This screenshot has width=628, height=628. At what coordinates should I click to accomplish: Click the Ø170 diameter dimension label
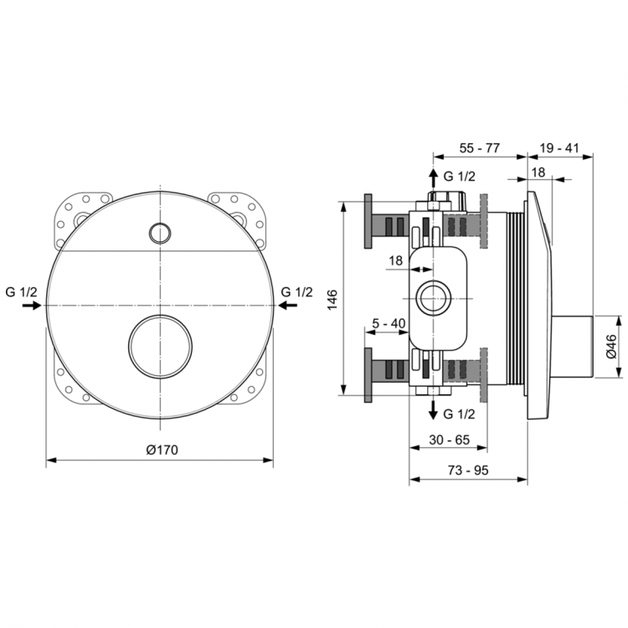pos(162,450)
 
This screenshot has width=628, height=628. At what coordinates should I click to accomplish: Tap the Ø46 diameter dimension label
pos(611,345)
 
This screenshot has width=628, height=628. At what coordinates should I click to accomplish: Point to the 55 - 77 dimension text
pos(480,147)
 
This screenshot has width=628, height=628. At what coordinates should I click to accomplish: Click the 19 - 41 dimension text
pos(559,147)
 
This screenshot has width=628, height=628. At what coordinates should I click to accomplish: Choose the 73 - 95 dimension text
pos(467,470)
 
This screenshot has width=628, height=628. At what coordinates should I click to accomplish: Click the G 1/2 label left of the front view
pos(22,291)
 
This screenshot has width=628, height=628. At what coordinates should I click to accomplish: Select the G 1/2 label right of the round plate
pos(296,291)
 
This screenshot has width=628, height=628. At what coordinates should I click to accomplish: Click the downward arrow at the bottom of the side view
pos(433,410)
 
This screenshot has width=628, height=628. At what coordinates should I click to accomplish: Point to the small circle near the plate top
pos(157,230)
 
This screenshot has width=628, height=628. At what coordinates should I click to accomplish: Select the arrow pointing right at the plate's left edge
pos(32,306)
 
